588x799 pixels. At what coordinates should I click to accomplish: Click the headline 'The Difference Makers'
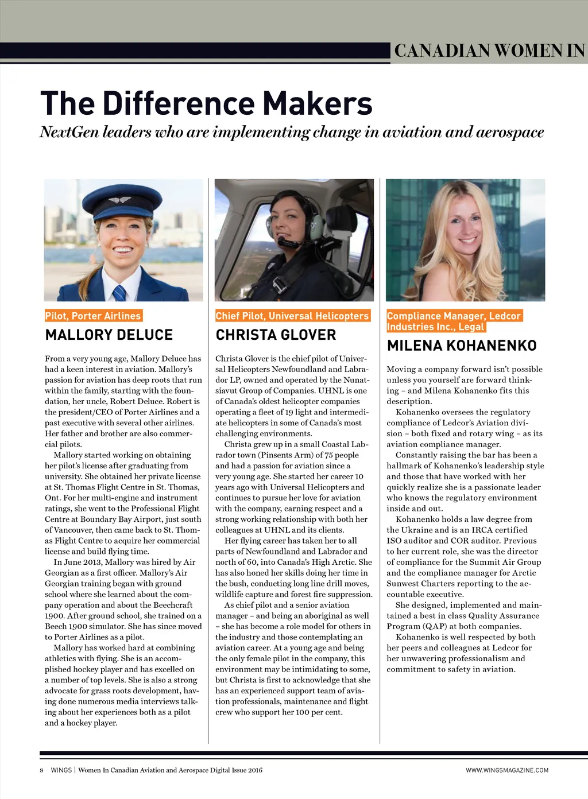pos(206,103)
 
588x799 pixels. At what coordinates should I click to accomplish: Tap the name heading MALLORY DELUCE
pos(109,335)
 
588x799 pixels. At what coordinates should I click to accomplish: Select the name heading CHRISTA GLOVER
pos(276,335)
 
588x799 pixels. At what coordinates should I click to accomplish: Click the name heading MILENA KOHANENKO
pos(462,346)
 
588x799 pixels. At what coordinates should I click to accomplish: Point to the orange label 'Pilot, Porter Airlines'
pos(93,316)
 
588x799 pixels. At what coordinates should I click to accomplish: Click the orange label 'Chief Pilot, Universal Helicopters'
pos(292,316)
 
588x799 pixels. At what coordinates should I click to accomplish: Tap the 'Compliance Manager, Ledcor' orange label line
pos(454,316)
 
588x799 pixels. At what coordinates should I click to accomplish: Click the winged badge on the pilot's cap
pos(119,200)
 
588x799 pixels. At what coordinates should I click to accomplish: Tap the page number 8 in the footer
pos(41,770)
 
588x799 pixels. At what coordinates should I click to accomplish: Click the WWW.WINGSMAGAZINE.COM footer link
pos(507,770)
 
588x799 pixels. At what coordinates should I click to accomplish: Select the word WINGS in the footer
pos(61,770)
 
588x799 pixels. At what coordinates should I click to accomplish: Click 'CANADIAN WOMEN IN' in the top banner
pos(489,51)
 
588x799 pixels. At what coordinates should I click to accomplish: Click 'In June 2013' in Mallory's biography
pos(80,562)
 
